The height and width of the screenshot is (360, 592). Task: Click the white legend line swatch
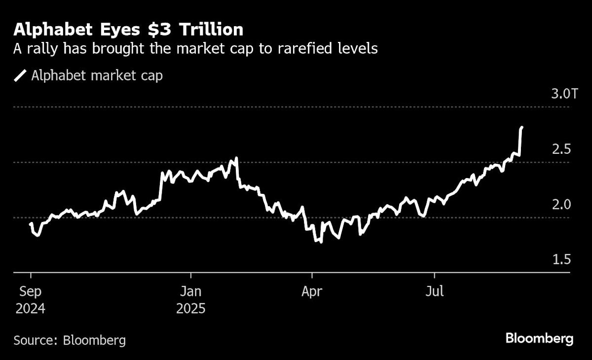click(20, 76)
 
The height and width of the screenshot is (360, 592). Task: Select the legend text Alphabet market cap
click(97, 76)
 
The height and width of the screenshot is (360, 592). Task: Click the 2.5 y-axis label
click(560, 149)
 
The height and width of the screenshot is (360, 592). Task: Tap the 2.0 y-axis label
click(560, 204)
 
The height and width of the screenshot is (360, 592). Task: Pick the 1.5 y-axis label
click(560, 259)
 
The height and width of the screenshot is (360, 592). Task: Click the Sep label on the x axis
click(30, 291)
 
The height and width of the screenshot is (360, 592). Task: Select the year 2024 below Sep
click(31, 309)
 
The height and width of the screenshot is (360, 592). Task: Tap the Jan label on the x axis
click(190, 291)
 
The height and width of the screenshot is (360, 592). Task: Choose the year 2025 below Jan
click(190, 309)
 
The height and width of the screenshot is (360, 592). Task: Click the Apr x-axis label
click(312, 291)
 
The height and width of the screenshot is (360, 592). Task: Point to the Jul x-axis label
click(434, 291)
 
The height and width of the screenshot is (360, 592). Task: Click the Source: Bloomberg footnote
click(70, 340)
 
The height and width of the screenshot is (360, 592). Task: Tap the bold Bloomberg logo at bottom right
click(539, 339)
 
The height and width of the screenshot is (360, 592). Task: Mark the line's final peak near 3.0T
click(522, 127)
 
